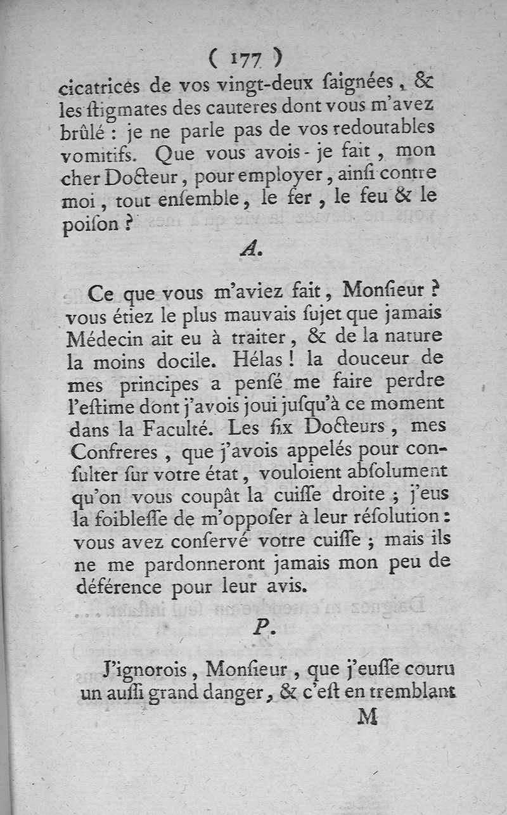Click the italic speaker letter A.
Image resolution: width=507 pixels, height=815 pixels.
click(249, 250)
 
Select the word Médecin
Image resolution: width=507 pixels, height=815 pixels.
click(105, 338)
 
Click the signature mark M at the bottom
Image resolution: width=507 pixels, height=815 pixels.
click(368, 717)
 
